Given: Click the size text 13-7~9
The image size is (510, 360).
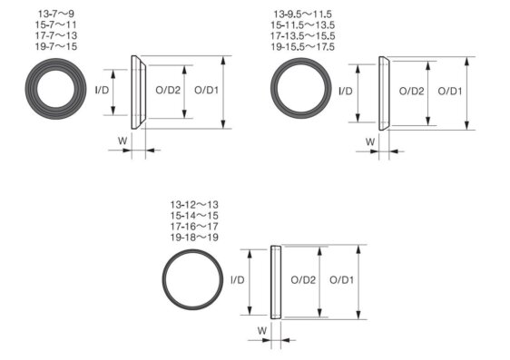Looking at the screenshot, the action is click(x=56, y=14).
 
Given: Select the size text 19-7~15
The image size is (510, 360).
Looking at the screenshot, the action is click(x=56, y=46).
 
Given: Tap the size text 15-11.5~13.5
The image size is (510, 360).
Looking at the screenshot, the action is click(x=303, y=25).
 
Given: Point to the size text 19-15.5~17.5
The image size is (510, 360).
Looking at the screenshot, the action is click(x=303, y=47).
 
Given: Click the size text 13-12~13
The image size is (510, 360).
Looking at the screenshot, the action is click(x=194, y=205).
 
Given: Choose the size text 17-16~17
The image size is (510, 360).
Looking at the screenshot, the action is click(x=194, y=227).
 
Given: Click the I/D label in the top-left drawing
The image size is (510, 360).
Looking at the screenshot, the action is click(x=102, y=90).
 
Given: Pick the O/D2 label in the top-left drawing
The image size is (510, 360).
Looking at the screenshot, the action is click(x=168, y=90).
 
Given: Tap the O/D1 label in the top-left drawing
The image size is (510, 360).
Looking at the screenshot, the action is click(x=206, y=90).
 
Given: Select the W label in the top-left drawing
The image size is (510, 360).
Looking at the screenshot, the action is click(x=123, y=141).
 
